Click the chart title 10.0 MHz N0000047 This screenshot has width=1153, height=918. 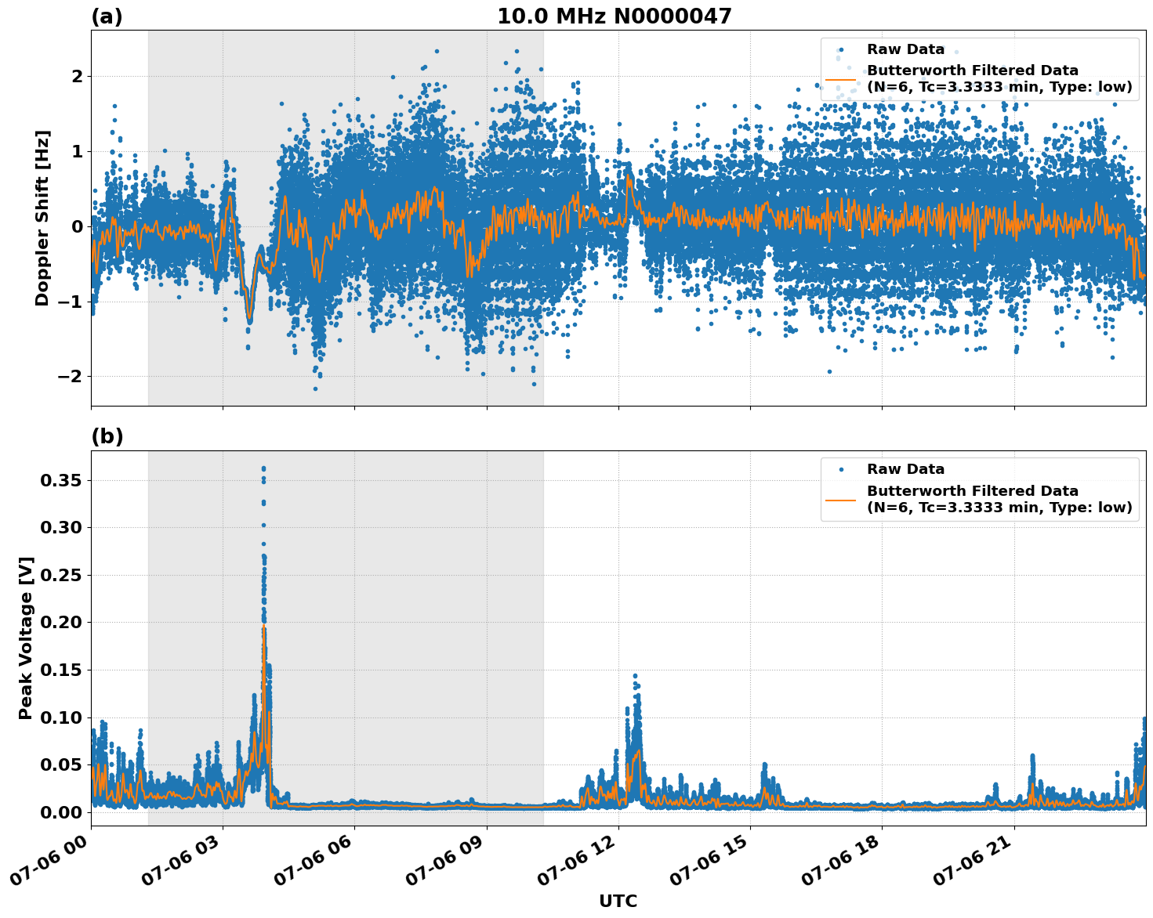pyautogui.click(x=614, y=16)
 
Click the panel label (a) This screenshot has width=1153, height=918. pyautogui.click(x=107, y=16)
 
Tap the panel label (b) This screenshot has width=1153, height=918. pyautogui.click(x=107, y=436)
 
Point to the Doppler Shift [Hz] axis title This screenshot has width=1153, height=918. pyautogui.click(x=42, y=218)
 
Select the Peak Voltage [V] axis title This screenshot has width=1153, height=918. pyautogui.click(x=26, y=638)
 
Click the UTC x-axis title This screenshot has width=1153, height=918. pyautogui.click(x=618, y=901)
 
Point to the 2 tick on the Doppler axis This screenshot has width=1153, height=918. pyautogui.click(x=77, y=77)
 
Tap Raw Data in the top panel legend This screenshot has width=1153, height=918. pyautogui.click(x=905, y=49)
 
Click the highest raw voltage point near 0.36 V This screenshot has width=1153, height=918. pyautogui.click(x=263, y=468)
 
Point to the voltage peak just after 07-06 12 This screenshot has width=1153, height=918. pyautogui.click(x=635, y=675)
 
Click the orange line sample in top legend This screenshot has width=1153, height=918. pyautogui.click(x=840, y=78)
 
